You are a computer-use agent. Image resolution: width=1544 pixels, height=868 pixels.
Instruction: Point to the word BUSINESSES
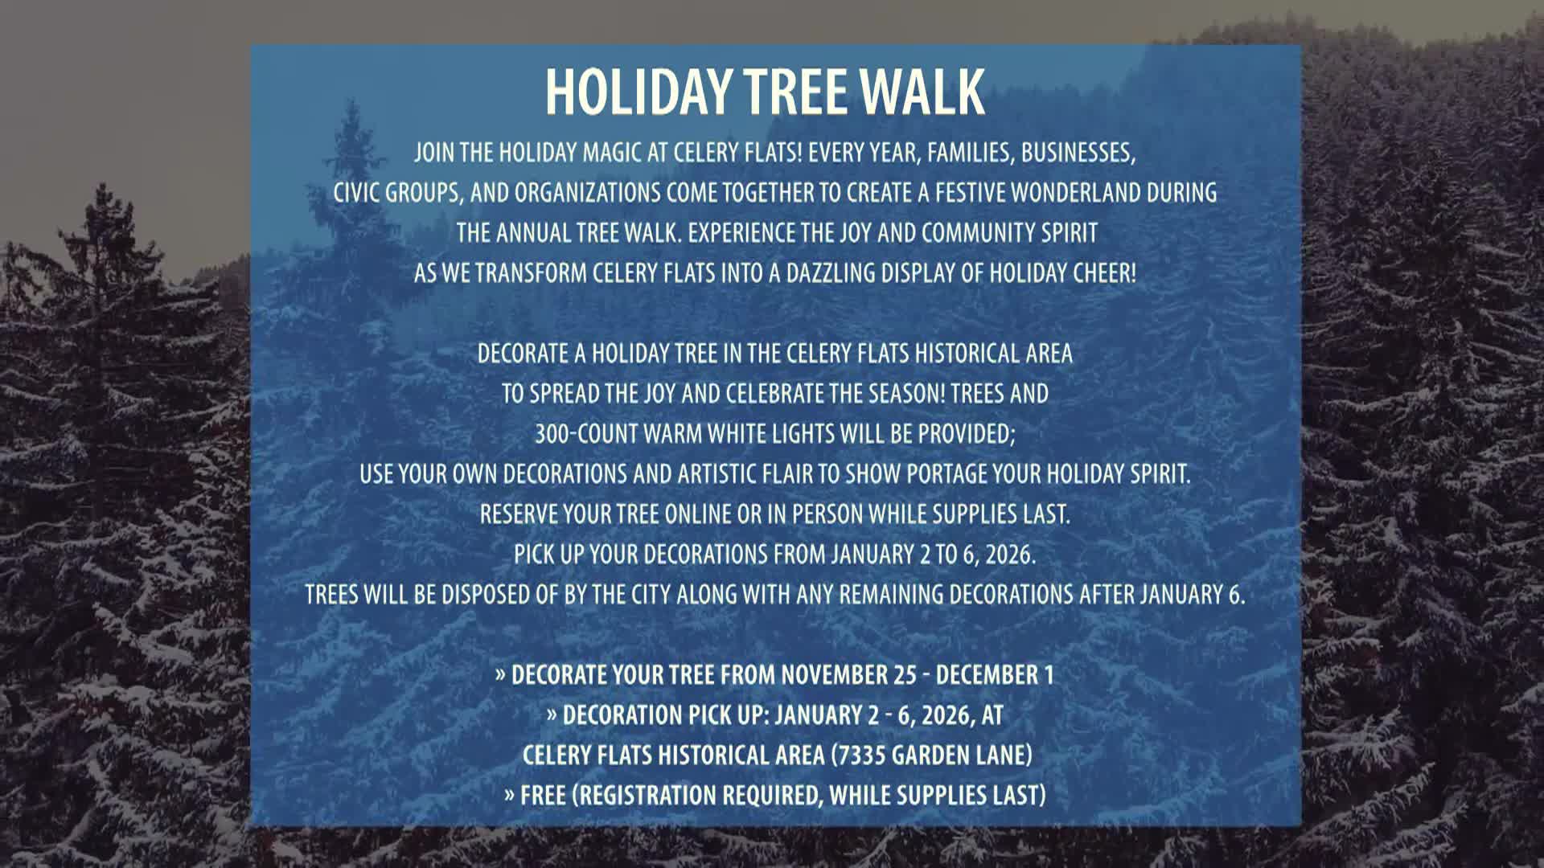[x=1078, y=154]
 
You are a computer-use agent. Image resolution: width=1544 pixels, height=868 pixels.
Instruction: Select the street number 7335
[x=864, y=755]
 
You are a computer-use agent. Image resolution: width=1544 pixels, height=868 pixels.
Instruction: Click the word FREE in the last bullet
[x=544, y=796]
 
